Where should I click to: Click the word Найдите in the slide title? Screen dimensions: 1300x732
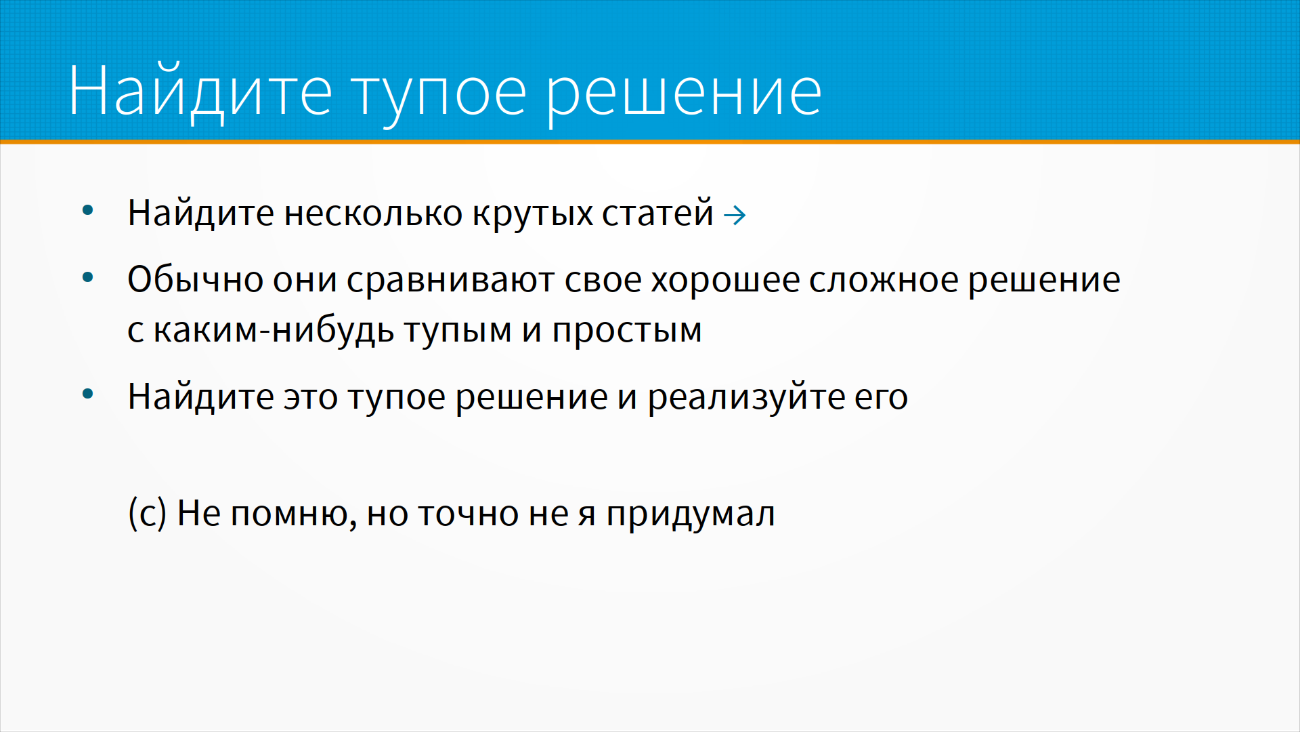pos(200,91)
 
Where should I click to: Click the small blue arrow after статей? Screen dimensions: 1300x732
pos(735,216)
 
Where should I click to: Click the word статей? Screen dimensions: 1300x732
pos(657,213)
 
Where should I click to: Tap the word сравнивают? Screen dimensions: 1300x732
pos(450,281)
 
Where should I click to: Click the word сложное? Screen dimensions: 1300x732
pos(884,281)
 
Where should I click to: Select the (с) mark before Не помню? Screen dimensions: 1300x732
pos(147,514)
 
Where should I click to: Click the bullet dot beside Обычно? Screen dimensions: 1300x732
pos(87,277)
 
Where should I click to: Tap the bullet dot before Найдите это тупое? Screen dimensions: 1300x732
pos(87,394)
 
